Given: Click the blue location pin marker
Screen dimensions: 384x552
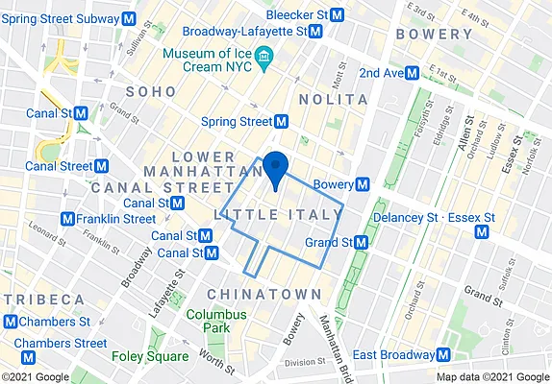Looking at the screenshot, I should (x=275, y=167).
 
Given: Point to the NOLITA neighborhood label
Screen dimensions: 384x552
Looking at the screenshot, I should (x=333, y=99).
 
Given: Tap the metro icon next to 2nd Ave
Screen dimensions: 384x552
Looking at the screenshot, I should (x=412, y=73).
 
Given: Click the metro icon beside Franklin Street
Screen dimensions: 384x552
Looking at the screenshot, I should (x=67, y=219).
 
